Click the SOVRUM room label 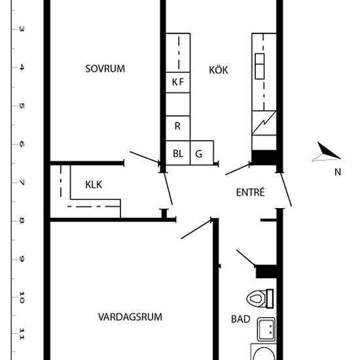105,69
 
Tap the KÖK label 219,70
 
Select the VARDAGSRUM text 130,317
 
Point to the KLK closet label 94,185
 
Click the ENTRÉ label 251,192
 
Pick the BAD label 241,319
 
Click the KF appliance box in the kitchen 178,82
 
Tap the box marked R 178,128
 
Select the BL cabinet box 178,153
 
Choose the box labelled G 202,153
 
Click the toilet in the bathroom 260,298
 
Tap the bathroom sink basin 266,329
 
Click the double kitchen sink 260,66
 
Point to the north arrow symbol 326,152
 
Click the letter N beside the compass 338,172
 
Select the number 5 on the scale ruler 22,106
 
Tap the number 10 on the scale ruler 22,297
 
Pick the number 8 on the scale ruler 22,221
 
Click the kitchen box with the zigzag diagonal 264,123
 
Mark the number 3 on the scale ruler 22,29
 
